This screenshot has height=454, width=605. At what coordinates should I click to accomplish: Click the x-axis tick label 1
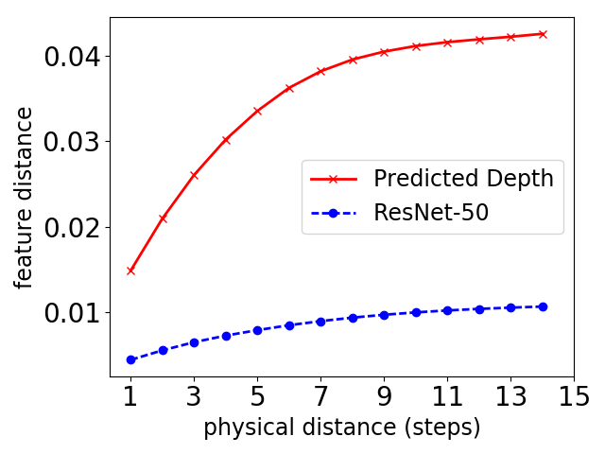point(130,396)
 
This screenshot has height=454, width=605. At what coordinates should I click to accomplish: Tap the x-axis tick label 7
point(320,396)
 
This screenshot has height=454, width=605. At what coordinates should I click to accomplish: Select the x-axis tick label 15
point(574,396)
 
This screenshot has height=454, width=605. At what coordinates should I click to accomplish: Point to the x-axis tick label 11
point(447,396)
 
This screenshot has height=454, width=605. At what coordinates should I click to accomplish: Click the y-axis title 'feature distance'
point(24,197)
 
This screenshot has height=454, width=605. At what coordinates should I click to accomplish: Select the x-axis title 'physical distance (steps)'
point(341,428)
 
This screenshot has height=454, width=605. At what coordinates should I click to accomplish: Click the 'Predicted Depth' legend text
point(463,178)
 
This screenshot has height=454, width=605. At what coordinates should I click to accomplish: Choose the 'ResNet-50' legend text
point(431,213)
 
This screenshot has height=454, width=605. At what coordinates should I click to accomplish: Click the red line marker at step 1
point(130,271)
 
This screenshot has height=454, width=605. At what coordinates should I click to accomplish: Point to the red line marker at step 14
point(543,34)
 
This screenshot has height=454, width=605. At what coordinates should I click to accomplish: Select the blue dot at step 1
point(130,359)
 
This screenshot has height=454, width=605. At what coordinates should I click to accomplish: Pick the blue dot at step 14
point(543,306)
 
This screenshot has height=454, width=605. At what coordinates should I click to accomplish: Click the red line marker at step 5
point(257,111)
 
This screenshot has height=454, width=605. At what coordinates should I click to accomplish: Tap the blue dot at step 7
point(320,322)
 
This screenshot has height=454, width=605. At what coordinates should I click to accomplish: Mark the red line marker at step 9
point(384,52)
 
